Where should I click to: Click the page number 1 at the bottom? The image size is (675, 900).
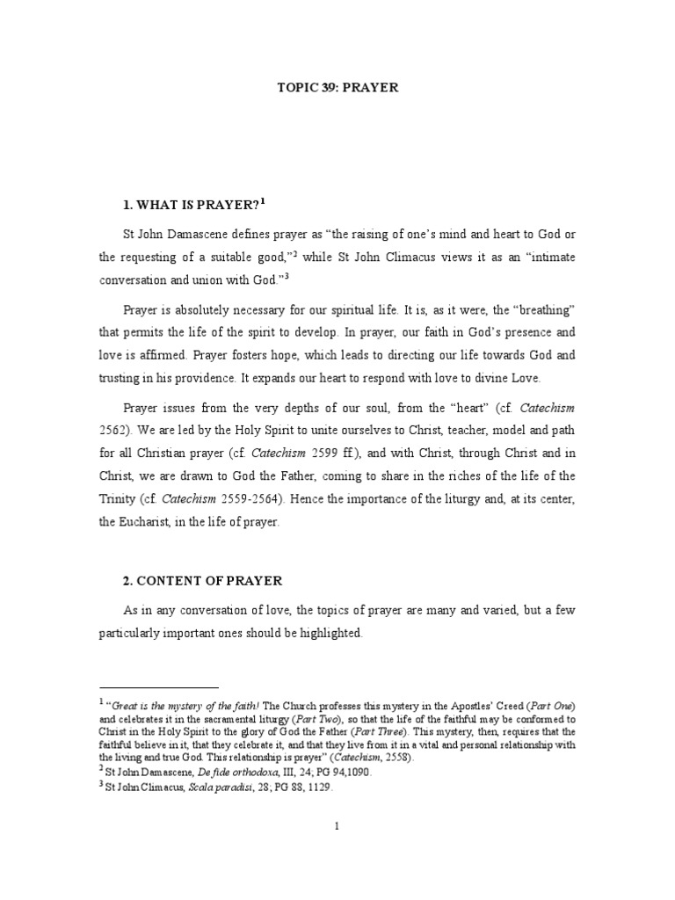click(337, 825)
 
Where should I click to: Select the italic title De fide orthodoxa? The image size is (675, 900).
click(257, 773)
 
